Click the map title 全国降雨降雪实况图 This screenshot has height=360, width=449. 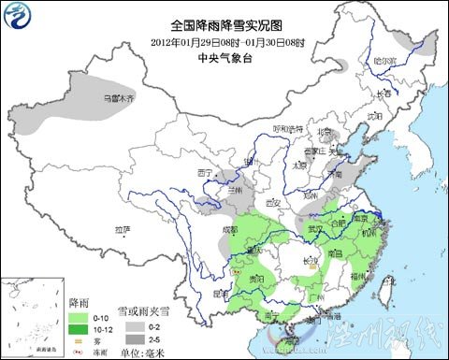tap(224, 25)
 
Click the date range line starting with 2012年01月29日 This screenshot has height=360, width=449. tap(224, 41)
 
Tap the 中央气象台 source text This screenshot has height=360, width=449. tap(224, 57)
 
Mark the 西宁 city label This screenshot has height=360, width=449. tap(207, 173)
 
